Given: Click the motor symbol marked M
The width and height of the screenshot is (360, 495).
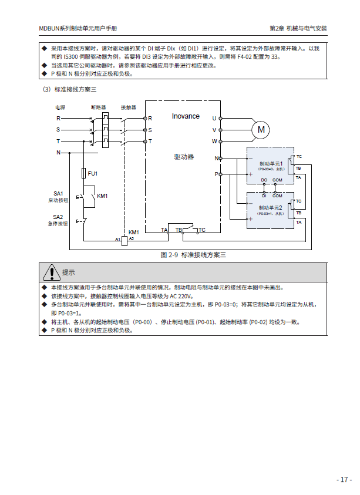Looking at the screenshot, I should coord(262,129).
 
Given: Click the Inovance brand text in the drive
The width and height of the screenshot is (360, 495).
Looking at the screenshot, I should coord(186,116).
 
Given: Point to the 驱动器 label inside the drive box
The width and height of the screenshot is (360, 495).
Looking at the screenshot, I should coord(184,157).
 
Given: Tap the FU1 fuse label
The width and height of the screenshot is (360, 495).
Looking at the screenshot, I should coord(93,174).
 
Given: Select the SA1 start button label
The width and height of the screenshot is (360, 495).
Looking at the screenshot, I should coord(58,193).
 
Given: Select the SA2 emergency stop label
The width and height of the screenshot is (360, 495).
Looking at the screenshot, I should coord(58,217).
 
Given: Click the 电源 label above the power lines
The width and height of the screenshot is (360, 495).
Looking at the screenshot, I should coord(60,108).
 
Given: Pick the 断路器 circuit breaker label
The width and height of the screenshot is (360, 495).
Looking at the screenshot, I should coord(99,108).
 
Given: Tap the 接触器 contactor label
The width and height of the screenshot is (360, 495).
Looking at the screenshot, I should coord(128,108).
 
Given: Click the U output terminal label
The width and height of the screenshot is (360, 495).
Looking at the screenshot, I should coord(214,118).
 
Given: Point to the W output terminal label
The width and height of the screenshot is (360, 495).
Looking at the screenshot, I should coord(214,142).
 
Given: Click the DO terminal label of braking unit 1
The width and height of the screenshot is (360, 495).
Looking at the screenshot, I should coord(264,179).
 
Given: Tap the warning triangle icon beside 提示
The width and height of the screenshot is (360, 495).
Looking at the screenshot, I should coord(52,272).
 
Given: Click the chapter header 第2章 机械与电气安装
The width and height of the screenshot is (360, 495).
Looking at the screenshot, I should coord(298,28).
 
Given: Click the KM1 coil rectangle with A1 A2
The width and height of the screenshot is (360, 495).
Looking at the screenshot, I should coord(125,240).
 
